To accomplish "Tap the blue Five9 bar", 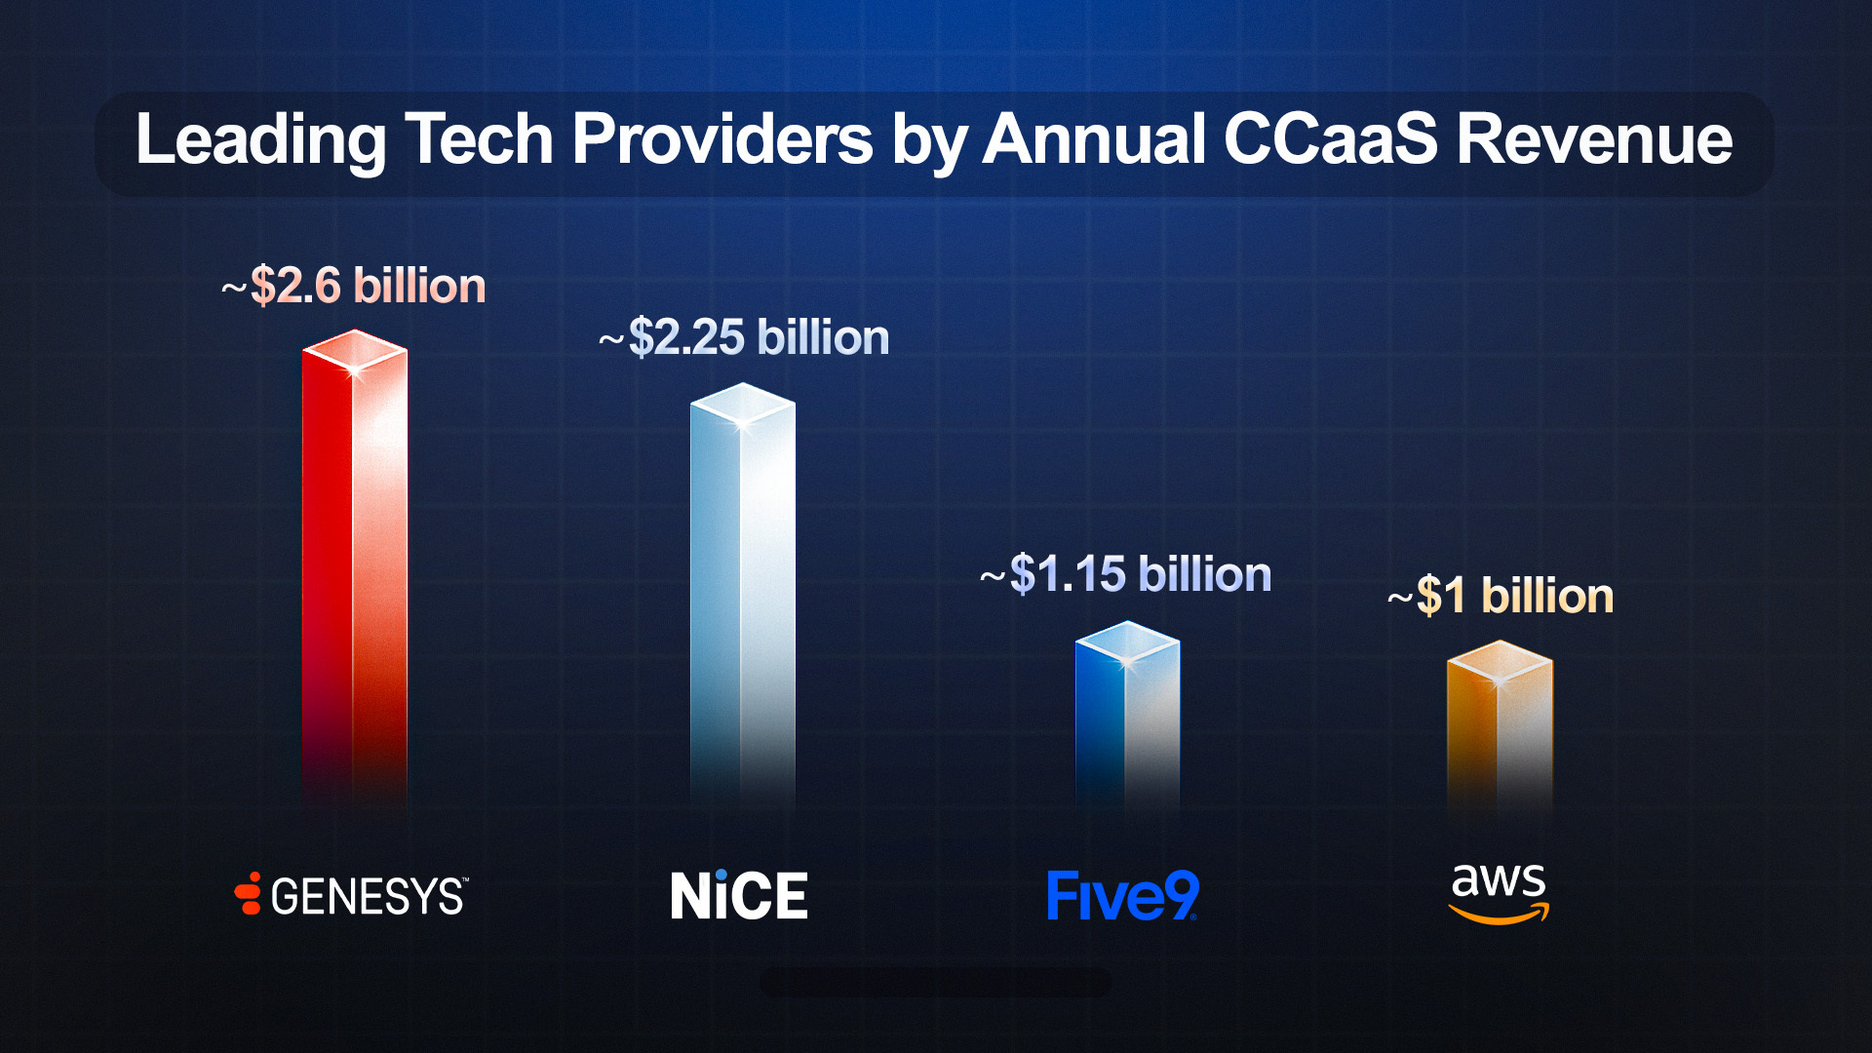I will click(1127, 721).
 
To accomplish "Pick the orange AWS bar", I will click(1500, 731).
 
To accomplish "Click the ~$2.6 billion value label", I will click(354, 286).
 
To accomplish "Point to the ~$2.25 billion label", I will click(744, 337).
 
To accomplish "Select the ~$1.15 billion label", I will click(1126, 574).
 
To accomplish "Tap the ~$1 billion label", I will click(1501, 596).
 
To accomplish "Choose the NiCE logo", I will click(739, 896).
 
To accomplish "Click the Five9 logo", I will click(1122, 896).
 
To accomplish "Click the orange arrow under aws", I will click(1499, 915).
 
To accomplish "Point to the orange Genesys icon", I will click(249, 893).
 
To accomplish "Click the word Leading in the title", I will click(259, 139).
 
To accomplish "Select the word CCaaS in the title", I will click(1330, 139).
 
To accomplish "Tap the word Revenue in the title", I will click(1594, 139).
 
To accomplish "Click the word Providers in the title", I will click(721, 139).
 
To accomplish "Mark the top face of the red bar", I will click(354, 350).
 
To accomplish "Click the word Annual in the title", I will click(1093, 139).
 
